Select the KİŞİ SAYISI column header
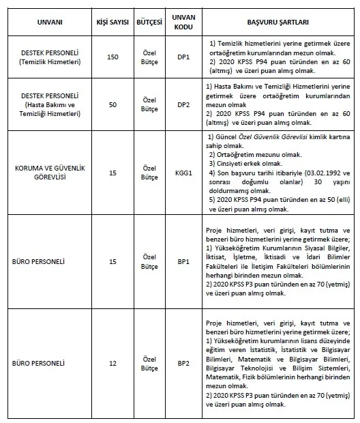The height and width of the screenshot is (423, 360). tap(112, 22)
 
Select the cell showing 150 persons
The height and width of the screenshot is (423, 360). tap(112, 59)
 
